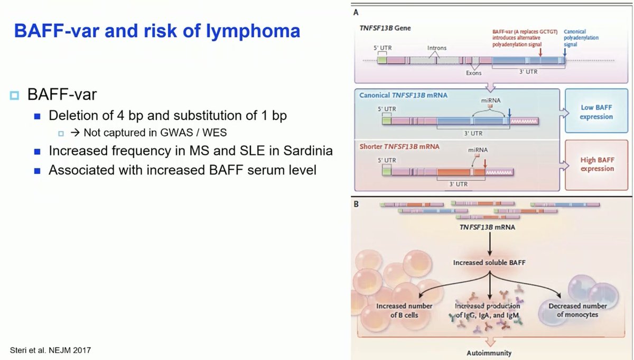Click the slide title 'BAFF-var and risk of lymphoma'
pyautogui.click(x=157, y=31)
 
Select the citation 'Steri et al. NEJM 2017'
pyautogui.click(x=53, y=350)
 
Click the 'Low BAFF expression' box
pyautogui.click(x=596, y=112)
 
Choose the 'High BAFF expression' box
pyautogui.click(x=596, y=164)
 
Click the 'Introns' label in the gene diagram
pyautogui.click(x=436, y=48)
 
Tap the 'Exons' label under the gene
pyautogui.click(x=473, y=73)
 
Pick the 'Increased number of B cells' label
pyautogui.click(x=404, y=310)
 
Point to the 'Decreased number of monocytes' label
pyautogui.click(x=577, y=310)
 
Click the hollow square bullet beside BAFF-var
pyautogui.click(x=14, y=96)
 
